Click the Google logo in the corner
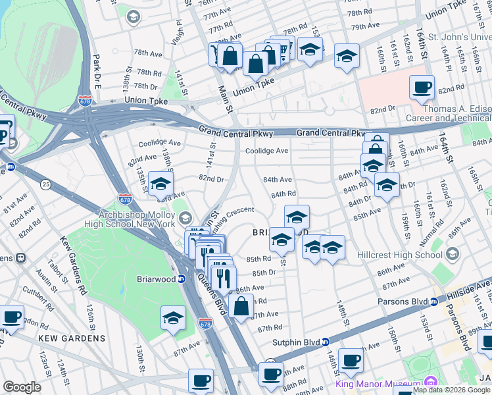[21, 387]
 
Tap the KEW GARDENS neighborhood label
[72, 338]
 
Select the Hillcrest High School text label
[408, 255]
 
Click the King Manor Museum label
[378, 384]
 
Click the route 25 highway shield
[45, 183]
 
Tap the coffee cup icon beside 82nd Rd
[421, 87]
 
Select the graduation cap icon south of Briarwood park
[173, 318]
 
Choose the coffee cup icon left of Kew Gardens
[12, 317]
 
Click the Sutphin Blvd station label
[300, 342]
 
